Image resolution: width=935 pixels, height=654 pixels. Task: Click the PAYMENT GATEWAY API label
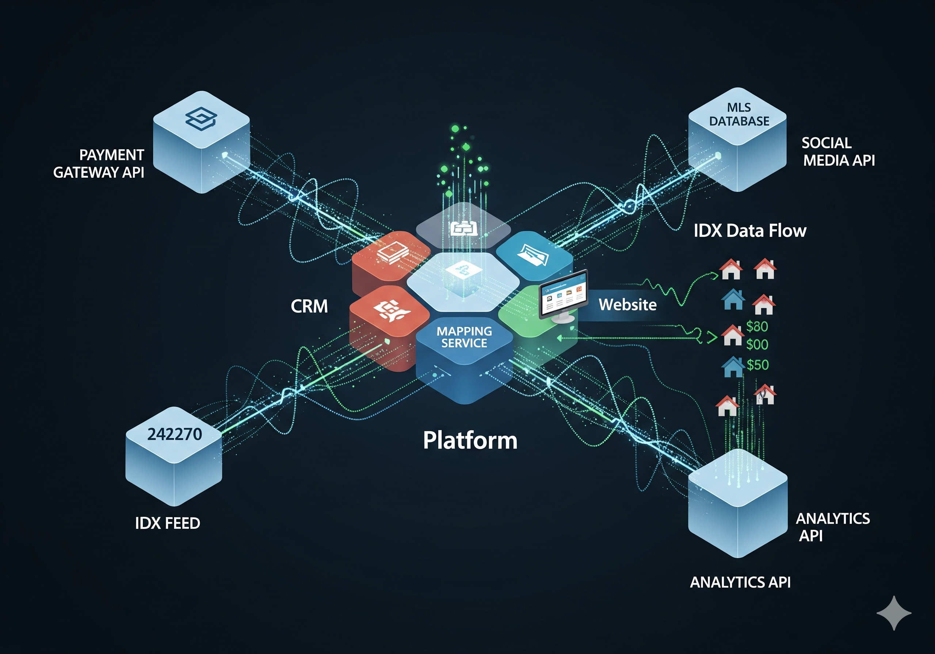coord(99,163)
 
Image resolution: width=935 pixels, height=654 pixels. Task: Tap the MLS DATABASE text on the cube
coord(739,114)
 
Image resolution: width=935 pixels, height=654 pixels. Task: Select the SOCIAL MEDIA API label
coord(838,152)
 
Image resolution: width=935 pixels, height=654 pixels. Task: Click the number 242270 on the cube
coord(174,434)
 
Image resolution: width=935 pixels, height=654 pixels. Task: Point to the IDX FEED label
coord(167,523)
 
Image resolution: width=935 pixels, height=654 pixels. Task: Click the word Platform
coord(470,441)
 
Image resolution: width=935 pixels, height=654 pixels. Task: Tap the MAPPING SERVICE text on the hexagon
coord(464,337)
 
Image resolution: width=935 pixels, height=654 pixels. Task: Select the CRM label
coord(309,306)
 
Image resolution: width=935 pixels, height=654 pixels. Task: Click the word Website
coord(627,305)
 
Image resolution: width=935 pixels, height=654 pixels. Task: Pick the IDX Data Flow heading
coord(750,231)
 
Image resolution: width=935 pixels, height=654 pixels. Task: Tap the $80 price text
coord(757,326)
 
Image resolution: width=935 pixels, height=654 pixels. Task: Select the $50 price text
coord(757,365)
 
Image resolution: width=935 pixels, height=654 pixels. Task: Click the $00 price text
coord(757,345)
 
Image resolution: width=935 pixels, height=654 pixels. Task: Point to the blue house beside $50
coord(733,367)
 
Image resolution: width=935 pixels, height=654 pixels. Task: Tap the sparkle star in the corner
coord(894,612)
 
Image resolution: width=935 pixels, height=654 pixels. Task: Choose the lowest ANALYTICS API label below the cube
coord(740,582)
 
